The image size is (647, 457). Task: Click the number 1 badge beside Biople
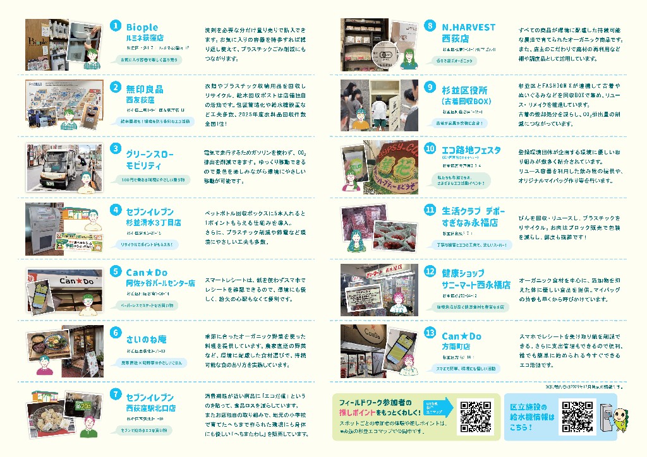tap(116, 26)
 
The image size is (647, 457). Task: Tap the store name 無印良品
tap(145, 90)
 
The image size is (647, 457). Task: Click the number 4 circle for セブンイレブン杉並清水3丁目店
tap(116, 210)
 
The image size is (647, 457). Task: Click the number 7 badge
tap(116, 394)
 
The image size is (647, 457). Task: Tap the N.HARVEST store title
tap(468, 28)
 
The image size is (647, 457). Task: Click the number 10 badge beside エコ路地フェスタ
tap(430, 148)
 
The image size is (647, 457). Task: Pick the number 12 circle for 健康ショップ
tap(430, 271)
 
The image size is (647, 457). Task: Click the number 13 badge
tap(430, 333)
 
